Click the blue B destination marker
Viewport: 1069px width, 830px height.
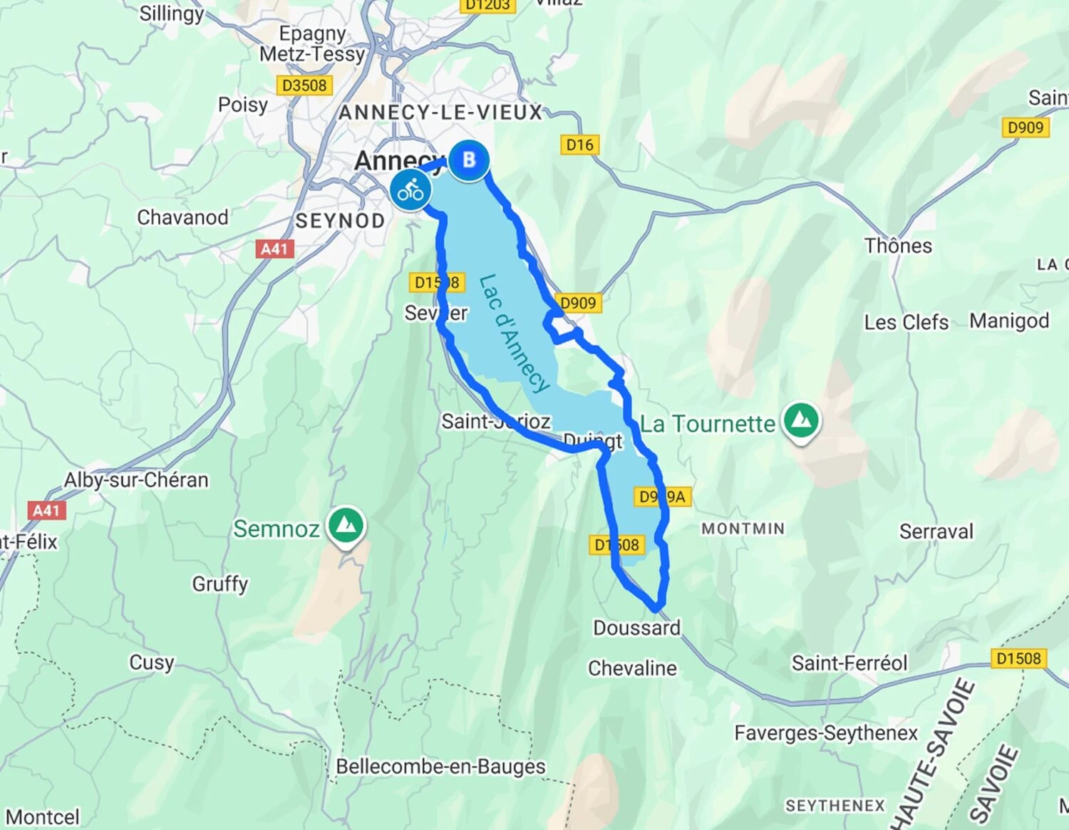point(468,160)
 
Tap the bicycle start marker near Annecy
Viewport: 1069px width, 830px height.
point(410,190)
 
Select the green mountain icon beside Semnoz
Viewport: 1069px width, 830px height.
point(346,526)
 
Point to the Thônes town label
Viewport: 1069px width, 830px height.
point(898,246)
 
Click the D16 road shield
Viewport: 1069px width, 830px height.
point(579,145)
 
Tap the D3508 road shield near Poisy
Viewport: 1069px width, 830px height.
point(304,85)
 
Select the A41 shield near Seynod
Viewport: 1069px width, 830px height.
point(274,249)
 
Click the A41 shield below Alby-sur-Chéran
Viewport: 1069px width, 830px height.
point(46,510)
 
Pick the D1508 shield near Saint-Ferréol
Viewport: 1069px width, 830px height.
point(1018,658)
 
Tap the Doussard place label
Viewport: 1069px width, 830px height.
point(636,628)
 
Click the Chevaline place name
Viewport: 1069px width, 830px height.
point(632,668)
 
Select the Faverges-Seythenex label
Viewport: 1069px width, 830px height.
point(826,732)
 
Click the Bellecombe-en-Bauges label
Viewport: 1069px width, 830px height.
point(440,767)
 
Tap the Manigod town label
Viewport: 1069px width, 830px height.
point(1009,321)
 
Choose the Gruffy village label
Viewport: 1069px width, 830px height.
point(220,584)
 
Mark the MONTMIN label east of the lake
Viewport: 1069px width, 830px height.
point(743,529)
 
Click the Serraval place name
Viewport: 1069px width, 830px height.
point(936,531)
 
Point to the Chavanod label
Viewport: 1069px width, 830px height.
point(182,217)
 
